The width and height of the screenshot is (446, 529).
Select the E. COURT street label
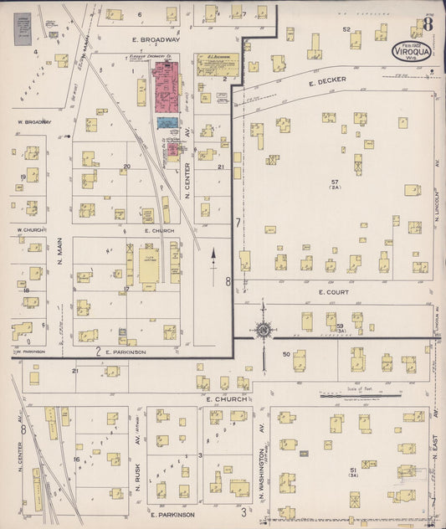click(332, 292)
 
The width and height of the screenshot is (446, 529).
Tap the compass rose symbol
click(264, 330)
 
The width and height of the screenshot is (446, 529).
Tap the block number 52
click(346, 29)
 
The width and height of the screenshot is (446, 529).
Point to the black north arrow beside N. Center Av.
click(213, 254)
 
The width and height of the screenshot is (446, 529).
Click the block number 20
click(126, 167)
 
